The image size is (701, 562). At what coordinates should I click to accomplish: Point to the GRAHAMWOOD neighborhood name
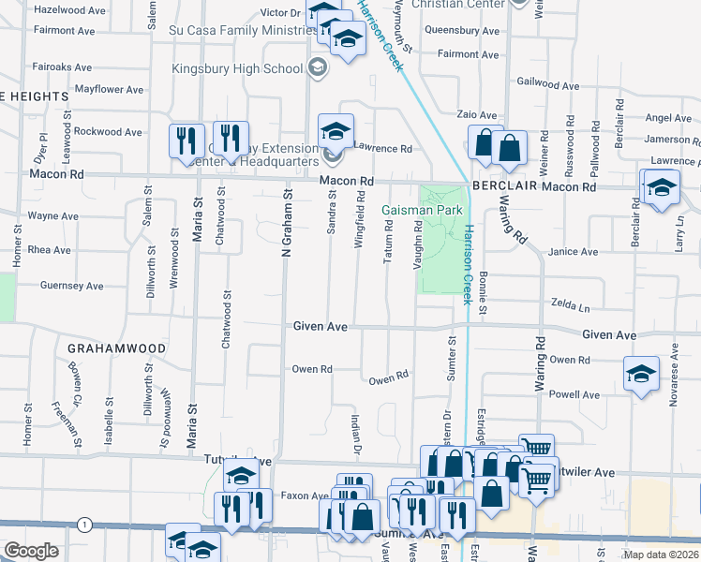pos(116,348)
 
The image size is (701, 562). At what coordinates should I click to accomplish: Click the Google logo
pos(30,551)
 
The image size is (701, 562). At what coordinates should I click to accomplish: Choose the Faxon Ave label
pos(302,495)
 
